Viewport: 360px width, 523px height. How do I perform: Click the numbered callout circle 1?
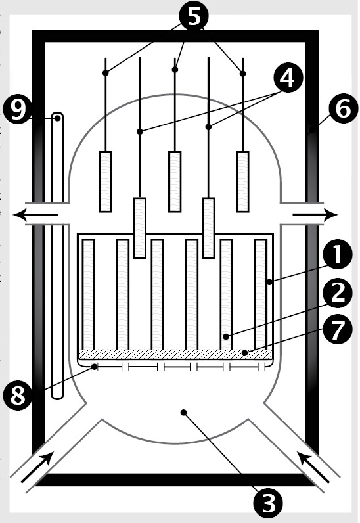337,254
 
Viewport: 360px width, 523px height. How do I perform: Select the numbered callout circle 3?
268,503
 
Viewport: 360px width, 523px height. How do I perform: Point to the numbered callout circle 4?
288,78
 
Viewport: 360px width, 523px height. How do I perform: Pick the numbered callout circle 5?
194,16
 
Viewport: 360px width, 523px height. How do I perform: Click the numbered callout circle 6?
343,108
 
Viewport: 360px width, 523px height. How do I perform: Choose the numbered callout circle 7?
337,329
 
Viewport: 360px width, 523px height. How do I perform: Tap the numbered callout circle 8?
18,396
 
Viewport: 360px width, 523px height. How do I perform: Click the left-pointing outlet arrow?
35,214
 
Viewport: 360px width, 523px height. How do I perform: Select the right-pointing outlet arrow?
315,214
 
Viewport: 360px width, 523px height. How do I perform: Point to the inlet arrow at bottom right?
313,466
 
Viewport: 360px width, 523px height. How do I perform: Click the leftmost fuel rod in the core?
89,294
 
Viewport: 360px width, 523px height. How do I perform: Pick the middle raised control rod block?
175,181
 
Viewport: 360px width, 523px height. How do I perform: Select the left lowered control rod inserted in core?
140,228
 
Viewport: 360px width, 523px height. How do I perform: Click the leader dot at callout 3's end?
183,413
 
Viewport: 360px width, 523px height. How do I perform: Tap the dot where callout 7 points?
245,353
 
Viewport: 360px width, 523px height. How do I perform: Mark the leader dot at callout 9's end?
58,118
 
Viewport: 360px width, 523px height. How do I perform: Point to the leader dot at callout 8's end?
95,367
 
